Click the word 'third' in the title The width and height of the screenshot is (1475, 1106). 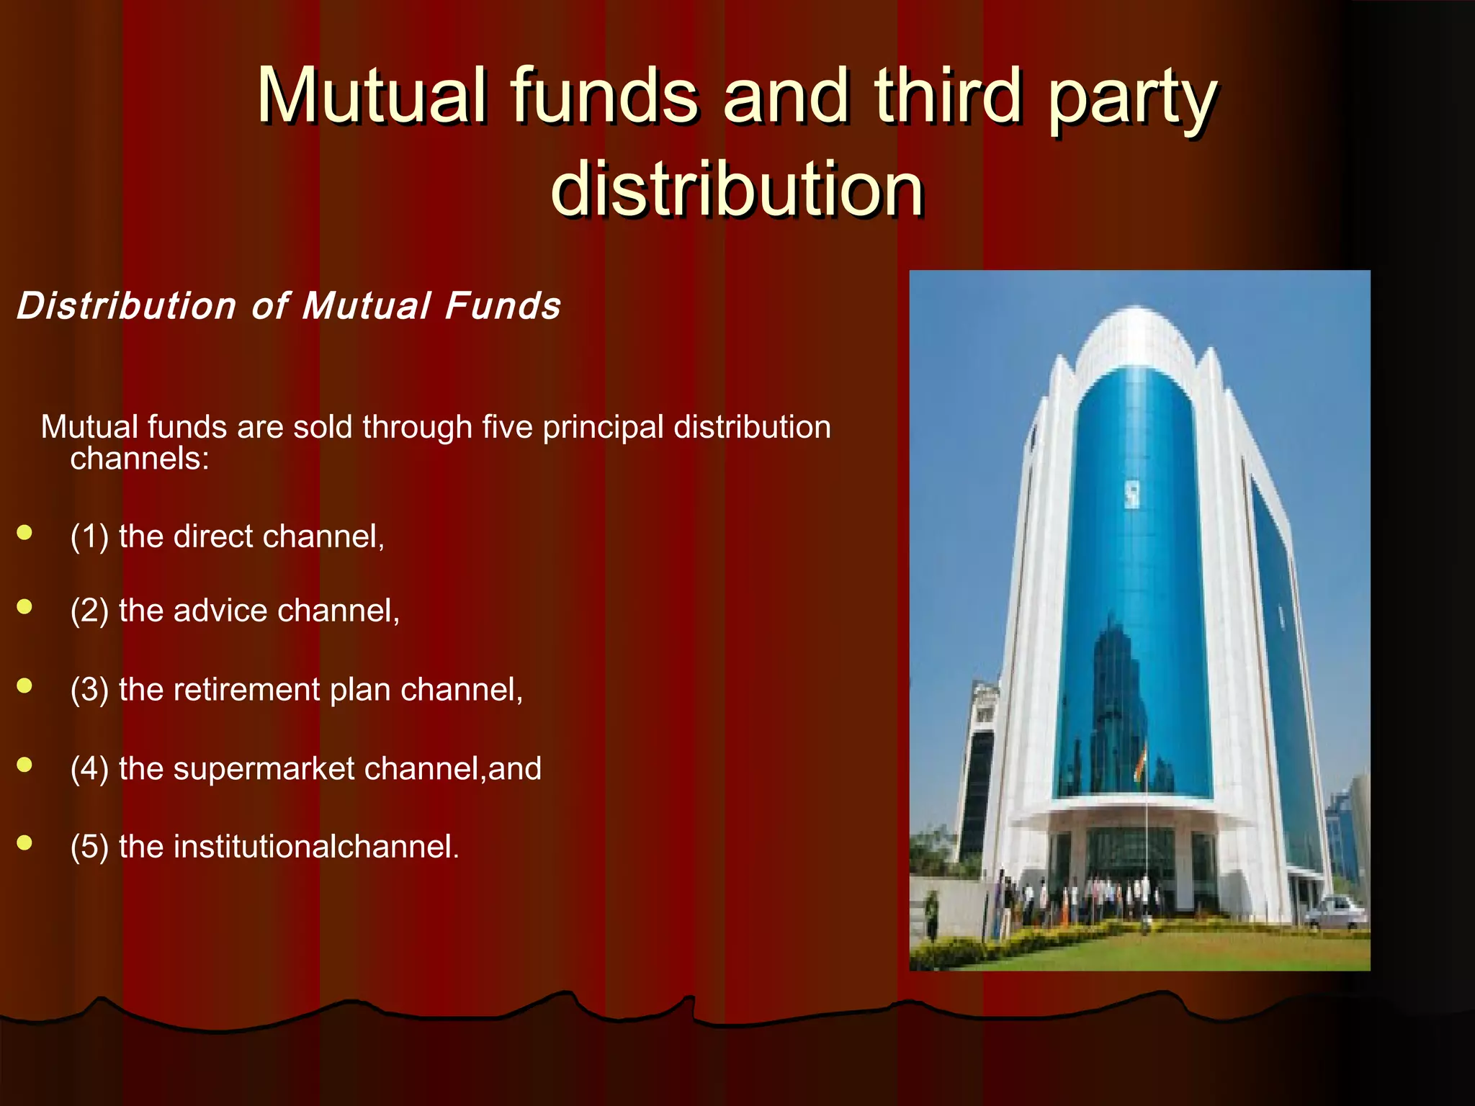pyautogui.click(x=948, y=95)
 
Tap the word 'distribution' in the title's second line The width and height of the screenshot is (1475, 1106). pyautogui.click(x=737, y=189)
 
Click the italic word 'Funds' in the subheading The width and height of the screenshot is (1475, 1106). pyautogui.click(x=503, y=306)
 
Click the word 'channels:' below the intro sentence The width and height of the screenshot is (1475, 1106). pyautogui.click(x=140, y=459)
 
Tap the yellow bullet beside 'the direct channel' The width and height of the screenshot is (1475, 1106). pyautogui.click(x=25, y=533)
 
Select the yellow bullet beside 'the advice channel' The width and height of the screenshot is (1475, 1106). pyautogui.click(x=25, y=607)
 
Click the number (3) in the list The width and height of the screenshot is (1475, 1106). pyautogui.click(x=89, y=690)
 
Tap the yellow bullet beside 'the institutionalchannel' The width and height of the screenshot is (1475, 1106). pyautogui.click(x=25, y=842)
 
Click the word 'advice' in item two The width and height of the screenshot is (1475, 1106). pyautogui.click(x=220, y=611)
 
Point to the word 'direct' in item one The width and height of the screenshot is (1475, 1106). pyautogui.click(x=213, y=536)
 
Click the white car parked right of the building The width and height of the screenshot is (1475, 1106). pyautogui.click(x=1335, y=912)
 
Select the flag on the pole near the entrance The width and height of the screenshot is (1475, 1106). pyautogui.click(x=1140, y=763)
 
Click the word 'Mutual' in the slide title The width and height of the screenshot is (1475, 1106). pyautogui.click(x=372, y=95)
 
